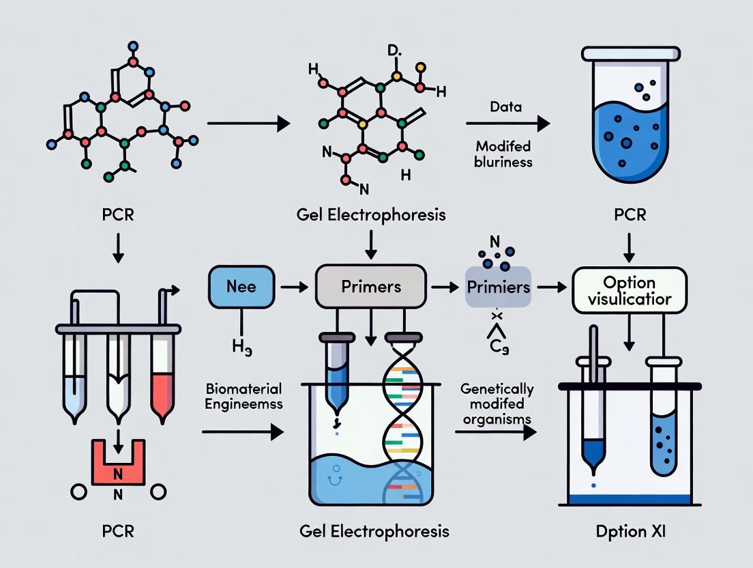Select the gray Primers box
click(371, 287)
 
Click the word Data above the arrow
click(505, 106)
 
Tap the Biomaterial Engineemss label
click(243, 397)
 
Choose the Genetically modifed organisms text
click(497, 404)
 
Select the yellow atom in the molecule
click(421, 67)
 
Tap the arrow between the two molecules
click(248, 124)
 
